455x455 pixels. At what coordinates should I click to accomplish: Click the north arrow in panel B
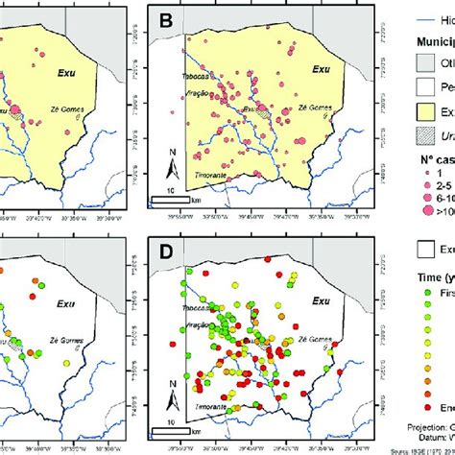pyautogui.click(x=169, y=169)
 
